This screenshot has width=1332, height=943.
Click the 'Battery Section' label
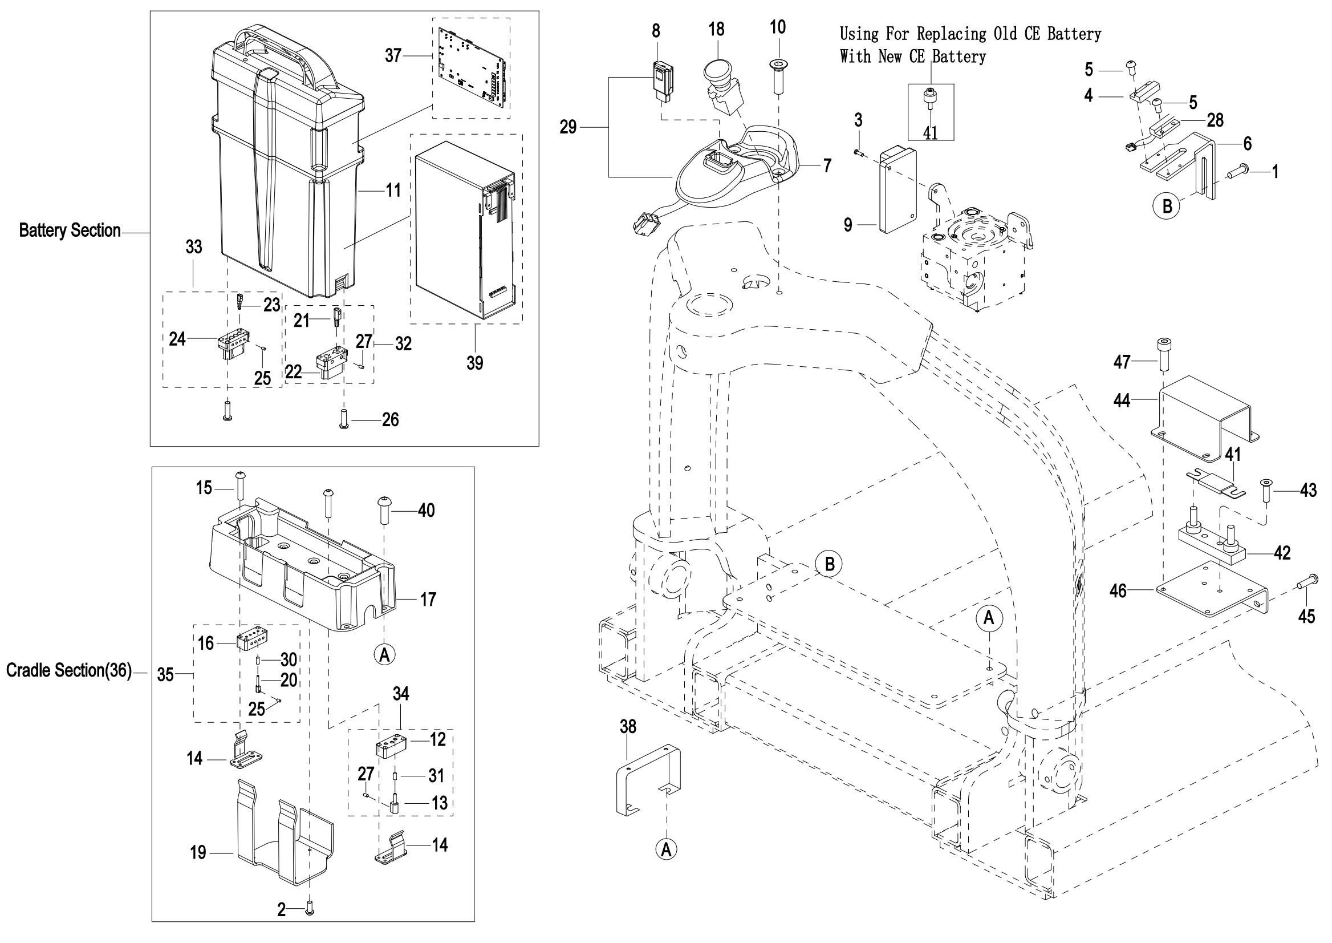click(70, 231)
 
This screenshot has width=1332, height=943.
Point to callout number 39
click(475, 363)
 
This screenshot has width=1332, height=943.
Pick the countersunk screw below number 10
click(778, 75)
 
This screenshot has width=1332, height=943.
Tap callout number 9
click(848, 225)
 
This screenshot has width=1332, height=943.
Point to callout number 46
click(1118, 591)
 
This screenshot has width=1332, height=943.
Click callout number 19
click(198, 852)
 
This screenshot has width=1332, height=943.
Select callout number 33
click(194, 247)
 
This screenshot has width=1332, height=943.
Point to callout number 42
click(1282, 552)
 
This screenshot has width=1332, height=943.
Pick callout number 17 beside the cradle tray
click(428, 599)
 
